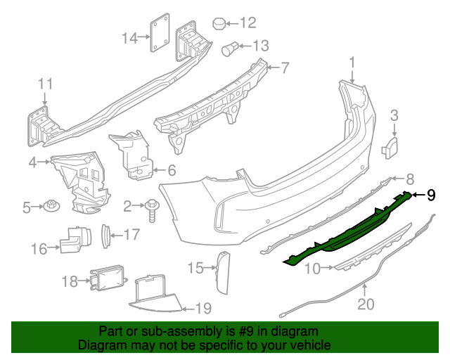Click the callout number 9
432,195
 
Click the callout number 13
261,46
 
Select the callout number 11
45,84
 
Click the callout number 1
352,65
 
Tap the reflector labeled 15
223,271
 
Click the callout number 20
366,304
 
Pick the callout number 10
311,268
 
